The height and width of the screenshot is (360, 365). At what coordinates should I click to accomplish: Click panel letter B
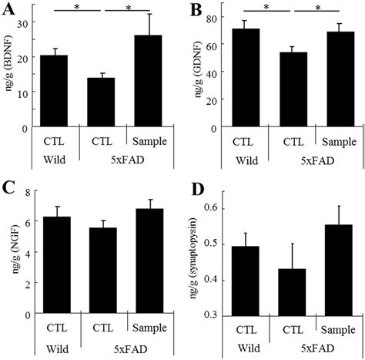tap(196, 10)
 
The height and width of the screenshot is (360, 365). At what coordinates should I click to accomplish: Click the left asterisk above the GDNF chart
tap(266, 8)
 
